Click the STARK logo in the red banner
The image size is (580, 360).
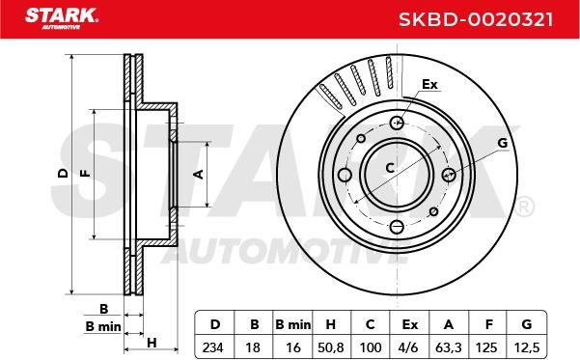pyautogui.click(x=62, y=18)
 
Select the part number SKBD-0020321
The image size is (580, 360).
pyautogui.click(x=476, y=19)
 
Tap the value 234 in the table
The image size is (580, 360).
pyautogui.click(x=212, y=347)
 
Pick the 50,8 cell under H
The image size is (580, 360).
pyautogui.click(x=331, y=347)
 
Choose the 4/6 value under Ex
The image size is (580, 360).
pyautogui.click(x=409, y=347)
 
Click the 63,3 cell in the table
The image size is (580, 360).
pyautogui.click(x=449, y=347)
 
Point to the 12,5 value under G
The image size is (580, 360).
pyautogui.click(x=527, y=347)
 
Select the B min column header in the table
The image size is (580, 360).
pyautogui.click(x=293, y=324)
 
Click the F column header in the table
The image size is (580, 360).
pyautogui.click(x=488, y=324)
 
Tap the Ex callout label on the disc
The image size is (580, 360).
pyautogui.click(x=429, y=84)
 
